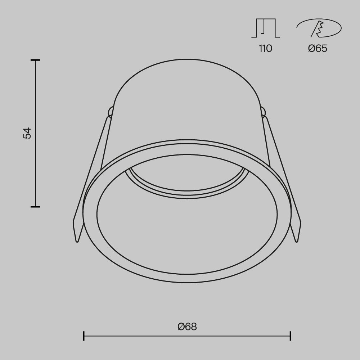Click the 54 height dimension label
[27, 133]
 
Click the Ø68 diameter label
[187, 327]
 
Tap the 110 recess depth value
[265, 49]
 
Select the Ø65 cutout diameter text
[318, 49]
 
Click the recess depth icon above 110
[266, 28]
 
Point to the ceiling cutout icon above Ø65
[319, 28]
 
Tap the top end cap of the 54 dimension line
[35, 60]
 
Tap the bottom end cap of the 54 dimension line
[35, 207]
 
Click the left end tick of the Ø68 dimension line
[84, 336]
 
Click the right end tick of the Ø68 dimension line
[291, 336]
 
